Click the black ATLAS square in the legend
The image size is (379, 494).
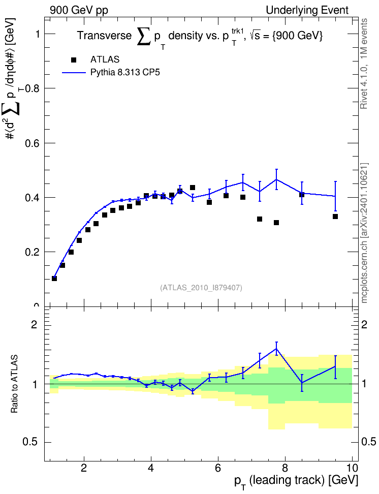(x=74, y=60)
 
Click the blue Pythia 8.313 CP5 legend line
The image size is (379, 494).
(x=74, y=73)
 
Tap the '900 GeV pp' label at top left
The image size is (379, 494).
(x=79, y=10)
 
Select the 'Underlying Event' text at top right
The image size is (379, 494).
(x=307, y=10)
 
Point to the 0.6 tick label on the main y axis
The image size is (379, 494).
(x=33, y=143)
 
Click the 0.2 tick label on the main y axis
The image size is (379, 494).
(x=33, y=252)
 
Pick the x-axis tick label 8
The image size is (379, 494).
(x=285, y=468)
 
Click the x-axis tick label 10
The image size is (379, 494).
(x=352, y=468)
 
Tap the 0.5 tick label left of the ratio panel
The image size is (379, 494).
(x=30, y=442)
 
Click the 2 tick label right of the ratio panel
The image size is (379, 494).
(x=364, y=324)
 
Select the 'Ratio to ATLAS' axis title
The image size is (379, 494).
(x=15, y=384)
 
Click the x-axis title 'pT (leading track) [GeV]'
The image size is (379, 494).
(x=296, y=482)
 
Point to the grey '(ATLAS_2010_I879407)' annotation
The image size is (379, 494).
(x=201, y=288)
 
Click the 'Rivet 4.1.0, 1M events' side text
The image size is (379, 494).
(x=364, y=64)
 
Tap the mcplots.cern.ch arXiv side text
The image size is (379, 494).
(x=364, y=233)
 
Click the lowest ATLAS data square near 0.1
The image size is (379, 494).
(x=54, y=279)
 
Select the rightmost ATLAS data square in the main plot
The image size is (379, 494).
(x=335, y=217)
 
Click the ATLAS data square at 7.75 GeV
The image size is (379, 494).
(x=276, y=223)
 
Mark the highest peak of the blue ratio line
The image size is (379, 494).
(x=276, y=349)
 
